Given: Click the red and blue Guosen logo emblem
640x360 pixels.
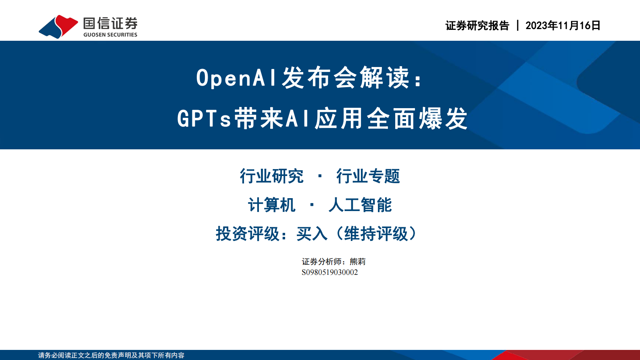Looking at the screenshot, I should coord(58,27).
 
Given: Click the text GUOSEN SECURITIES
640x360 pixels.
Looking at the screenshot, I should coord(110,35).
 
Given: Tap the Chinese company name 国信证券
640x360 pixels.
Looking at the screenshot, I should coord(110,23).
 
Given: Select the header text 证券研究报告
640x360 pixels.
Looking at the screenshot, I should coord(477,25).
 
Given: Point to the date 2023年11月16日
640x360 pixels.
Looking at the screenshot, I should coord(563,25).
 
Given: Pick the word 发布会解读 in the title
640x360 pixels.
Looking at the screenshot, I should coord(345,78).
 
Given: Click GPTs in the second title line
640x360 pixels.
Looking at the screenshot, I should coord(204,119).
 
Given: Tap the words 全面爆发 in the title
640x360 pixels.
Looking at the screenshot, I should coord(417,119).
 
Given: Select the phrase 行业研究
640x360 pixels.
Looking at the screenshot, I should coord(271,176).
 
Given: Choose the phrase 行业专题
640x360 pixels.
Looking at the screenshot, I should coord(368,176).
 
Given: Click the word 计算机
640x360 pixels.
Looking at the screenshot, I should coord(271,205).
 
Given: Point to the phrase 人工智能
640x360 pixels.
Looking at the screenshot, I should coord(360,205).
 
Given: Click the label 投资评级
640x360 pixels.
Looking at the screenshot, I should coord(248,234).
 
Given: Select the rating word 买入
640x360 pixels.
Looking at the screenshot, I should coord(311,234).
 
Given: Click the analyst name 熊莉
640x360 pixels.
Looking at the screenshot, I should coord(358,262).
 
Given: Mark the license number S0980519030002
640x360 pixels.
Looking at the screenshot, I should coord(329,272).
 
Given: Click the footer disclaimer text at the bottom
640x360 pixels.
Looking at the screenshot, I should coord(111,355).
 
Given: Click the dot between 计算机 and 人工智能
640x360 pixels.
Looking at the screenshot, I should coord(312,205).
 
